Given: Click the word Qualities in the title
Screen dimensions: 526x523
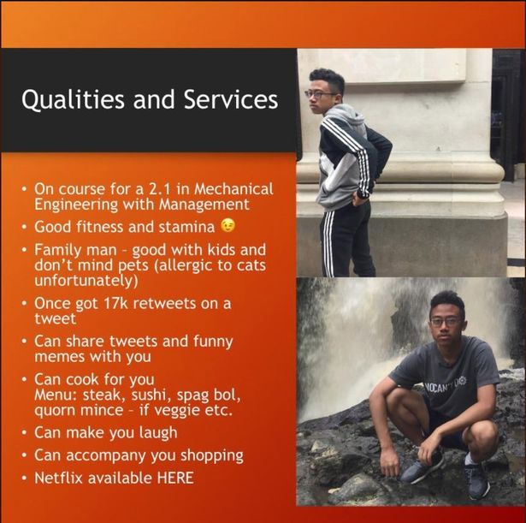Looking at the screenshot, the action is [73, 99].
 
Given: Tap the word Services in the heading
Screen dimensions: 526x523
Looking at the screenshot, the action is [231, 99].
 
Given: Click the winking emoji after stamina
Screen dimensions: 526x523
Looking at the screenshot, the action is [228, 226].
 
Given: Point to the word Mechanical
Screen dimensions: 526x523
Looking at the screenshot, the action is [233, 189].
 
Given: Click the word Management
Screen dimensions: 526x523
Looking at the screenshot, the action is [204, 204].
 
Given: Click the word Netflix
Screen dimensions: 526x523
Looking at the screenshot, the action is [58, 478].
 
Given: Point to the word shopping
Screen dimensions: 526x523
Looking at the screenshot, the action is [212, 456].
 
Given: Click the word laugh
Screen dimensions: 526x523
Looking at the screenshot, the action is [158, 433].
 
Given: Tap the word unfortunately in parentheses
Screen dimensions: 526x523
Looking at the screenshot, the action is [85, 281].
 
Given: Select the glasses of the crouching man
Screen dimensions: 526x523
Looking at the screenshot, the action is [446, 322].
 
